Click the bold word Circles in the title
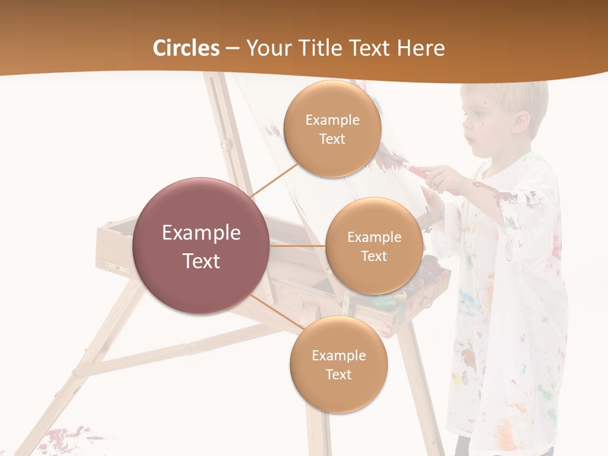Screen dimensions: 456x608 (186, 47)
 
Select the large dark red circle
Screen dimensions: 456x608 (201, 246)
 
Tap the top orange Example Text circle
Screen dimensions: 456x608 (332, 129)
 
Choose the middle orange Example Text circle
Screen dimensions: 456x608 (374, 246)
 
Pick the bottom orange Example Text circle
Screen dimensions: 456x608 (338, 365)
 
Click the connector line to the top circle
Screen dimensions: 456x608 (274, 180)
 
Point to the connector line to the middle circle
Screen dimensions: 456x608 (297, 246)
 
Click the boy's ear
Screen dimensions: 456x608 (521, 122)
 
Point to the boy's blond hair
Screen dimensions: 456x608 (507, 95)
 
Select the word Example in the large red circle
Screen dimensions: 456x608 (201, 233)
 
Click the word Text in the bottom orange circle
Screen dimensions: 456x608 (338, 374)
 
